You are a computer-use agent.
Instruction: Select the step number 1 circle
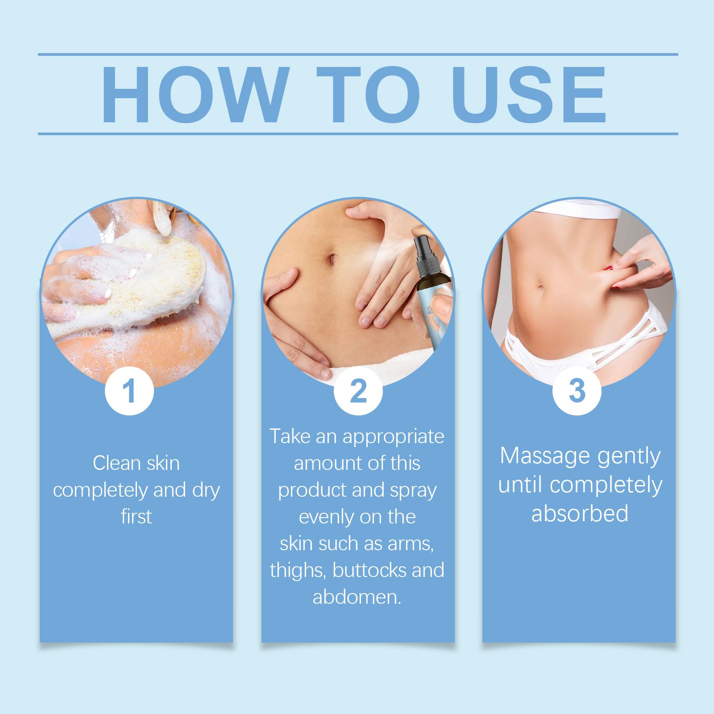[x=129, y=390]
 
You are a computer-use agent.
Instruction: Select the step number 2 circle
[x=358, y=390]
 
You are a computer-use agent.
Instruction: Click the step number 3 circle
[x=577, y=390]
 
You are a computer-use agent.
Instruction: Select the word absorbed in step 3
[x=580, y=513]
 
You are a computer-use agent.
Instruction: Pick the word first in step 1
[x=136, y=516]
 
